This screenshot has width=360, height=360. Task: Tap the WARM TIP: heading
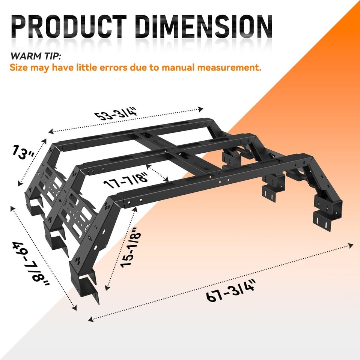(x=36, y=56)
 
